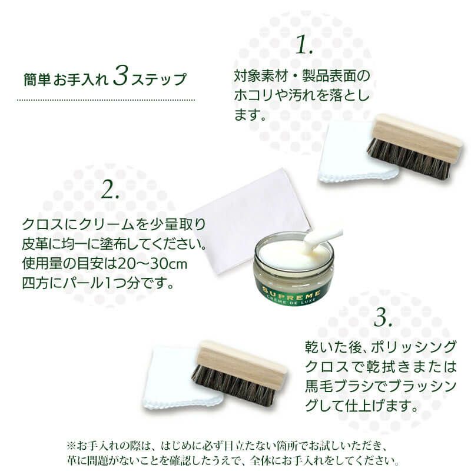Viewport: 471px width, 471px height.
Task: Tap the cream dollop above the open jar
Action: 321,237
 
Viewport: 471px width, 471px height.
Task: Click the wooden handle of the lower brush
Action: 241,360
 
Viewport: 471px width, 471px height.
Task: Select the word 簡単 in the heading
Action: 37,79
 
